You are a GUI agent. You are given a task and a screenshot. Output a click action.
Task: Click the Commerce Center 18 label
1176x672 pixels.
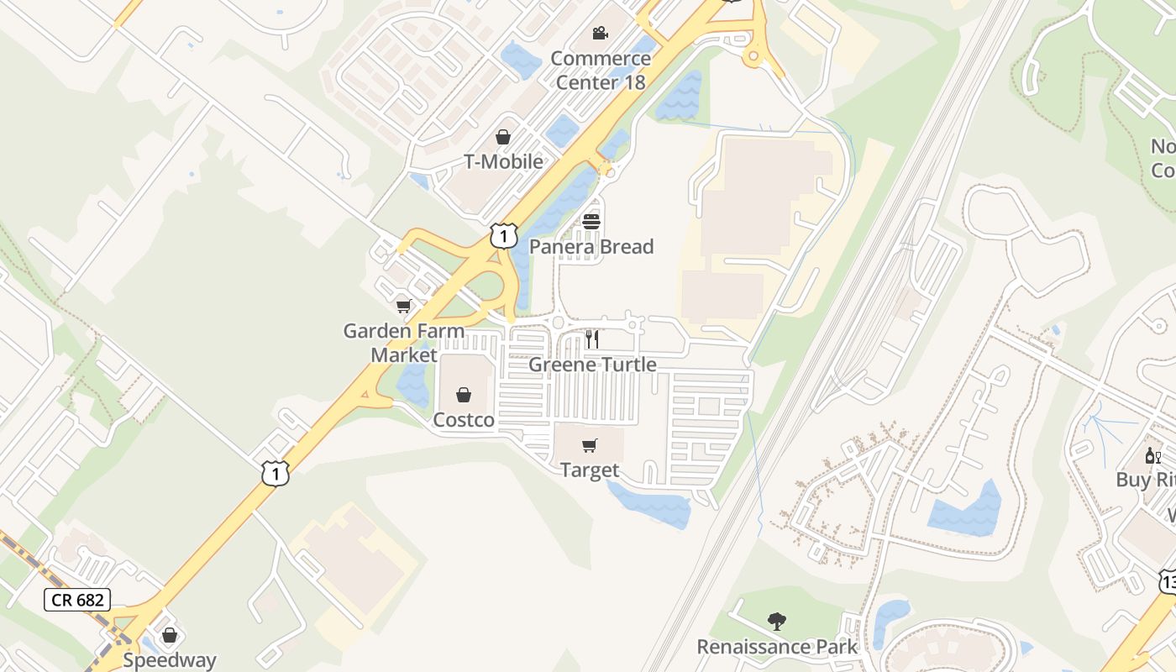(601, 70)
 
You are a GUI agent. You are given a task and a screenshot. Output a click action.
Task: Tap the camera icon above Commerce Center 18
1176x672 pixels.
(600, 33)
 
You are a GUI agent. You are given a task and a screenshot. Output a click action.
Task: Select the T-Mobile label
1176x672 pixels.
(503, 161)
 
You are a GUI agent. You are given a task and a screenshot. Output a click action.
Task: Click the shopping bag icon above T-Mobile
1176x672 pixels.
(503, 136)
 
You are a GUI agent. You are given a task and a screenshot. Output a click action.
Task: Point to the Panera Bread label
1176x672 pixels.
(591, 247)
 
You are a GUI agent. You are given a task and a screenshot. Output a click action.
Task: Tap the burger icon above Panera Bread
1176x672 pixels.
(591, 222)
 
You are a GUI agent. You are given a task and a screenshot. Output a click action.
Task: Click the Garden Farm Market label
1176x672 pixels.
(404, 342)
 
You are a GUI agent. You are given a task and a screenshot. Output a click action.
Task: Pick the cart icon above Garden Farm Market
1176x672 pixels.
(404, 306)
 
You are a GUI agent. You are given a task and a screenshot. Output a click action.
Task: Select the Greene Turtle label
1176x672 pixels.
(592, 365)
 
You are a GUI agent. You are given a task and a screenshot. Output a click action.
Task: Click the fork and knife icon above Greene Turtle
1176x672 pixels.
(592, 339)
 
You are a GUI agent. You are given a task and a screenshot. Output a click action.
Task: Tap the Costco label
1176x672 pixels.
(464, 420)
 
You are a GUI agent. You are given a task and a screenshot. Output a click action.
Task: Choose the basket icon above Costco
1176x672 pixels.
(464, 395)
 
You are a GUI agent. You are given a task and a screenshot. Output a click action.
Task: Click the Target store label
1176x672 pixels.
(590, 470)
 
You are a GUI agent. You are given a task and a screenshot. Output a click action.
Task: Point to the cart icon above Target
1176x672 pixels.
(590, 445)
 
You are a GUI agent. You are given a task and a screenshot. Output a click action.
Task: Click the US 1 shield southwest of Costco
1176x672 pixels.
(275, 473)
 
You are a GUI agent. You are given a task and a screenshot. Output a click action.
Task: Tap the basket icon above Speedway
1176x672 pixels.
(170, 635)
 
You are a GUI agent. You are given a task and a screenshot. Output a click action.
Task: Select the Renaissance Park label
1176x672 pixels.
(777, 647)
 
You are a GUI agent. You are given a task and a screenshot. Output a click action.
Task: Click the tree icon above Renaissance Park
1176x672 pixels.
(777, 622)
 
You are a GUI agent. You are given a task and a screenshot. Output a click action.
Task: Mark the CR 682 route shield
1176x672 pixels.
(76, 600)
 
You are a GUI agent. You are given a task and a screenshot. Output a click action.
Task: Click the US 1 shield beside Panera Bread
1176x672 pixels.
(503, 236)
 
